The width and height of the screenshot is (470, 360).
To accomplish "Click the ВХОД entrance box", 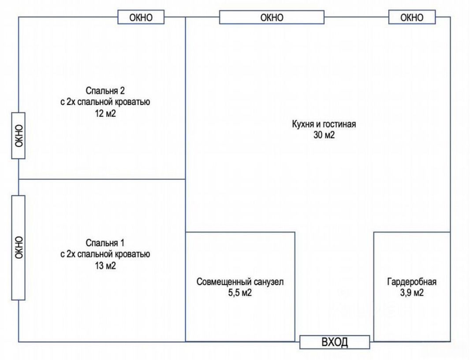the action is (x=335, y=342).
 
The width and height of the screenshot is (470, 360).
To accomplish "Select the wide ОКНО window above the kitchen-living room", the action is (x=272, y=17).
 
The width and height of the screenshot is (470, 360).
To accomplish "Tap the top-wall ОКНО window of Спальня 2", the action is (x=141, y=17).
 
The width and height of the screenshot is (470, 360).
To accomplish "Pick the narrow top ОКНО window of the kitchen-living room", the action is (x=412, y=17).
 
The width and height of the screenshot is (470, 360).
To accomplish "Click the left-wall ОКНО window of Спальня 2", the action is (x=18, y=136).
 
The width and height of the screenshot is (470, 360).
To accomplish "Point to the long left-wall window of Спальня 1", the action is (x=18, y=248).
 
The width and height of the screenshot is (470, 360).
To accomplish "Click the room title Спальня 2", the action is (x=105, y=90).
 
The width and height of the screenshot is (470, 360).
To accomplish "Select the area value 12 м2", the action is (x=105, y=114).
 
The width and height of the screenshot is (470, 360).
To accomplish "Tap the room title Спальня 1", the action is (x=105, y=243).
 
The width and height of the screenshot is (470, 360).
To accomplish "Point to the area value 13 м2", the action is (x=105, y=266).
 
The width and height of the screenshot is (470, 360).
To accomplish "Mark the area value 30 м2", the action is (x=324, y=135).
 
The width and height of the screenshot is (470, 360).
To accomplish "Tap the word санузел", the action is (x=269, y=282).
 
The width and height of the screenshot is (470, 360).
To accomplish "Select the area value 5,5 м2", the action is (x=240, y=293).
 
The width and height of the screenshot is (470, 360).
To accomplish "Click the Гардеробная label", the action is (x=412, y=282).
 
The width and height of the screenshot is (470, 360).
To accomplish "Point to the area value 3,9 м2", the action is (x=412, y=293).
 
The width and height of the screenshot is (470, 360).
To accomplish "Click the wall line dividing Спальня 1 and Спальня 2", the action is (x=102, y=179).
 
